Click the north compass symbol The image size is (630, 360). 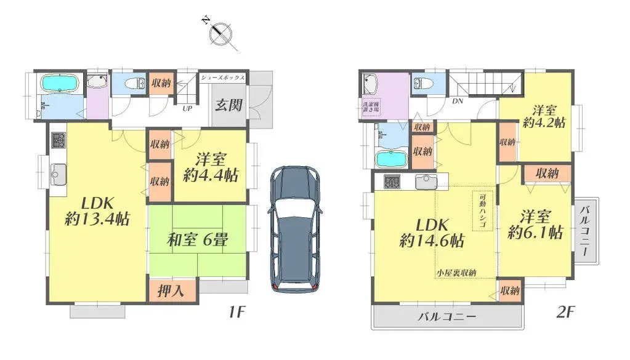click(x=220, y=34)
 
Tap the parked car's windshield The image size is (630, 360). click(x=294, y=191)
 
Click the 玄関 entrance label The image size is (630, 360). click(x=227, y=105)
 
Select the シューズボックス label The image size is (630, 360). click(x=224, y=78)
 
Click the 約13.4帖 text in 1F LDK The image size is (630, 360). click(x=97, y=218)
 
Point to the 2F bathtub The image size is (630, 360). click(x=390, y=159)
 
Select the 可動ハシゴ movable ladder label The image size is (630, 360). click(x=482, y=211)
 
